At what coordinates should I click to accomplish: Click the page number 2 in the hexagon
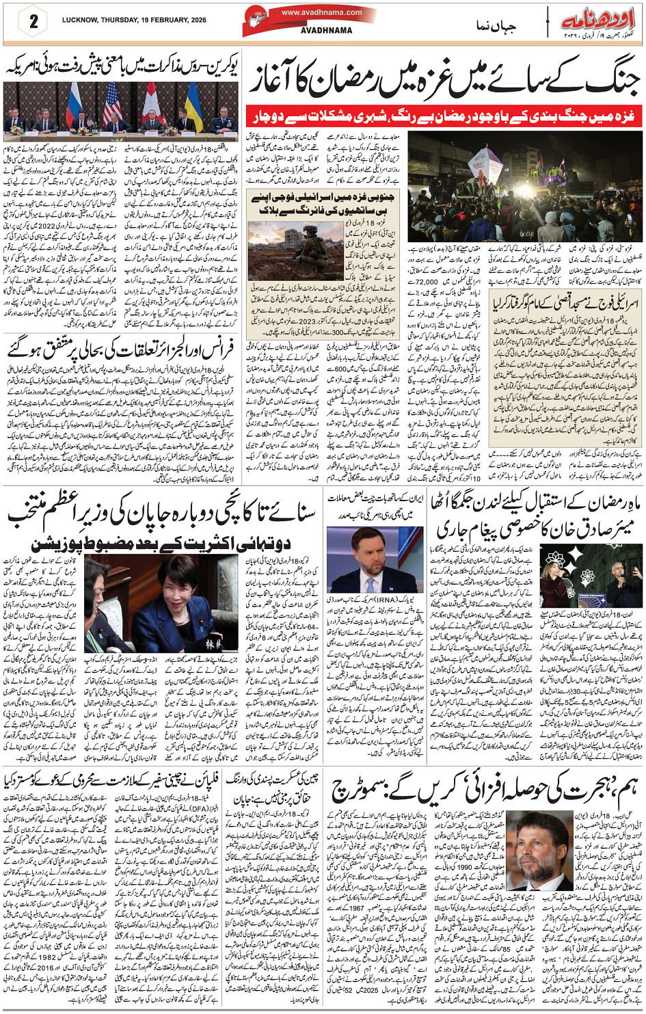tap(32, 21)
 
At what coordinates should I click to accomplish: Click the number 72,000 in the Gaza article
tap(426, 281)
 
